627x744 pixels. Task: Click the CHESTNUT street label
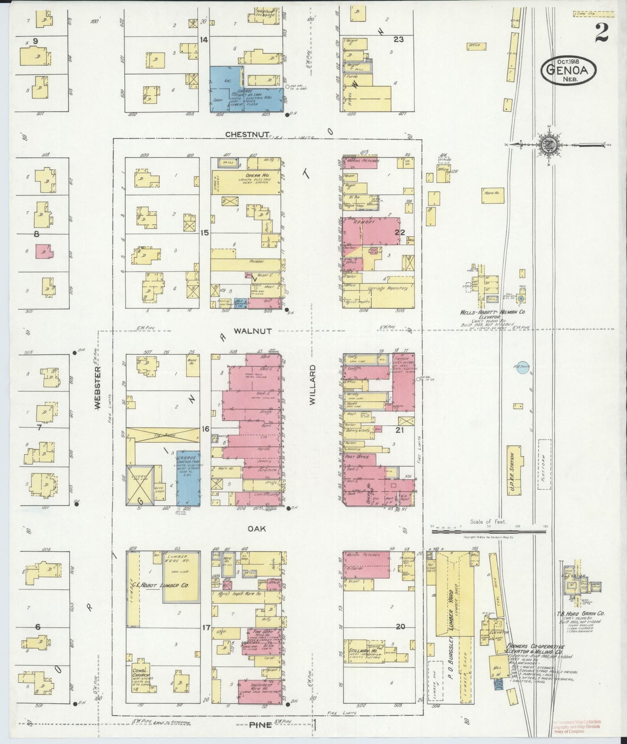tap(247, 135)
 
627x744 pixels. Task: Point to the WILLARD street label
tap(313, 385)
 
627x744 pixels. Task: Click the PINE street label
tap(260, 725)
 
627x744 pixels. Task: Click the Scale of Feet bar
tap(488, 530)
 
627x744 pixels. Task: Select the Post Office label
tap(357, 457)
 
